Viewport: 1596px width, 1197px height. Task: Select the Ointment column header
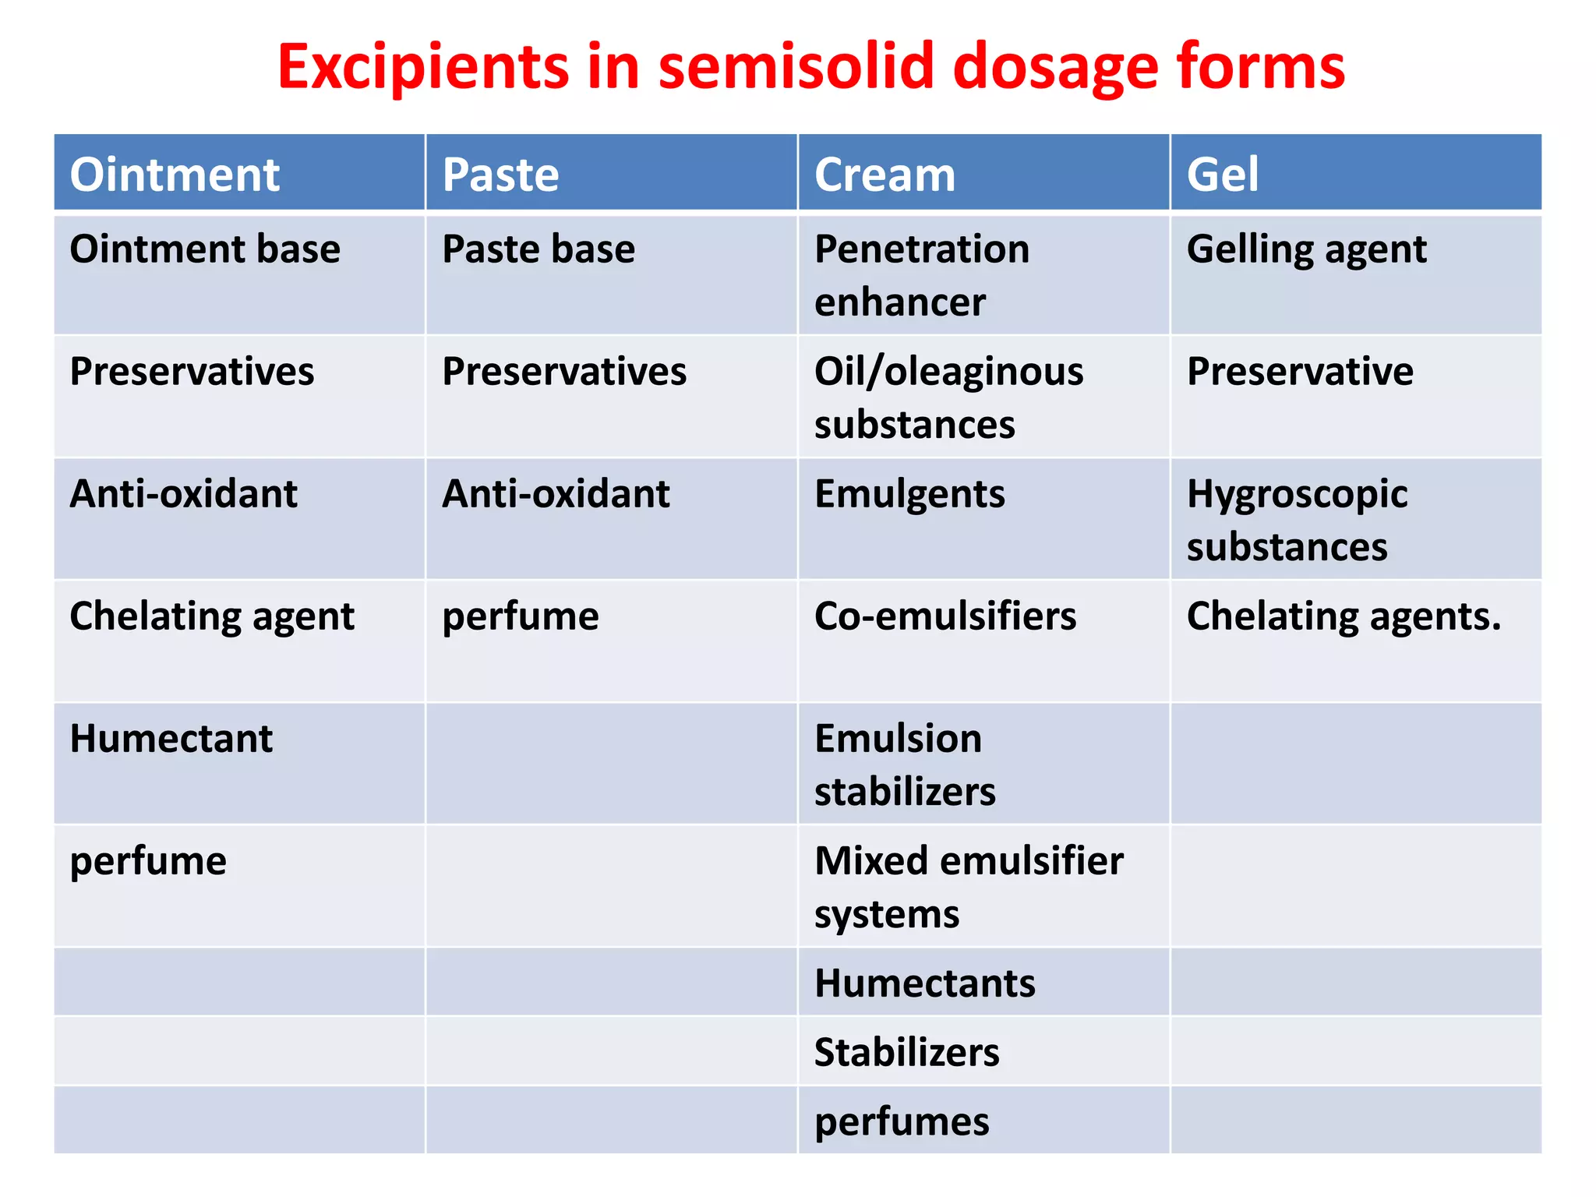tap(175, 174)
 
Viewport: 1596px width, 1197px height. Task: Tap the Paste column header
tap(500, 174)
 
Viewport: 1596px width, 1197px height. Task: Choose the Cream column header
tap(885, 174)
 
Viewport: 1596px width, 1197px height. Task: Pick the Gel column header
tap(1222, 174)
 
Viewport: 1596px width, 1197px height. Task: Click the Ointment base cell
tap(205, 250)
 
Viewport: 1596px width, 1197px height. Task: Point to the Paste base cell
tap(538, 250)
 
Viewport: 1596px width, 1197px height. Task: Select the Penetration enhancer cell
tap(921, 275)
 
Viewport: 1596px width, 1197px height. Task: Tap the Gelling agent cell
tap(1306, 250)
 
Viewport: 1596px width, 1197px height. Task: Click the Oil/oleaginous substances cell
tap(948, 397)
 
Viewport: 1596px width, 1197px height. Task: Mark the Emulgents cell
tap(909, 494)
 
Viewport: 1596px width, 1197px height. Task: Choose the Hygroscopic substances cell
tap(1297, 520)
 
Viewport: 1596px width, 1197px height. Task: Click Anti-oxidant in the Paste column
tap(556, 494)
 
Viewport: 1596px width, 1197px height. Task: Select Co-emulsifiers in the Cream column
tap(945, 616)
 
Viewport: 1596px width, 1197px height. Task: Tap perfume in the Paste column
tap(521, 616)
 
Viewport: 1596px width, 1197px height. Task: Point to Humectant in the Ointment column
tap(171, 739)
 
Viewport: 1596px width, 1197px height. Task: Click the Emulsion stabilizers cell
tap(904, 764)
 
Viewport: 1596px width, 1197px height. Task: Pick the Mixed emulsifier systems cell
tap(969, 887)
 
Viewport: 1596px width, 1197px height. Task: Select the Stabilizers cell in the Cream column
tap(906, 1052)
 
